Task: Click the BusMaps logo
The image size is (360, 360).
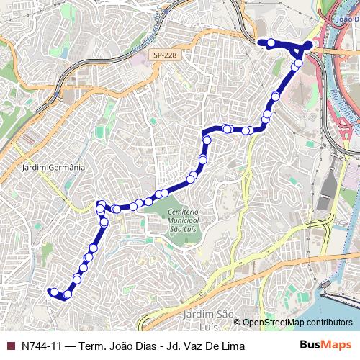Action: (x=325, y=345)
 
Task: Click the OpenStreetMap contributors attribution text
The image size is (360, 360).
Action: (x=297, y=323)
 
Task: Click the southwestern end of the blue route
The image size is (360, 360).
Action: (x=50, y=292)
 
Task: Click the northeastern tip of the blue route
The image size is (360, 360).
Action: (x=309, y=45)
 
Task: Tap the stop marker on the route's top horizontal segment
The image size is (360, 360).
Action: (x=271, y=43)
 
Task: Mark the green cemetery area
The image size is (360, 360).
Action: (x=173, y=230)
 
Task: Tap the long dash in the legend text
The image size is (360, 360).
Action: (x=70, y=346)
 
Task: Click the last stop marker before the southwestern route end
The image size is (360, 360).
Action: (x=68, y=294)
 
